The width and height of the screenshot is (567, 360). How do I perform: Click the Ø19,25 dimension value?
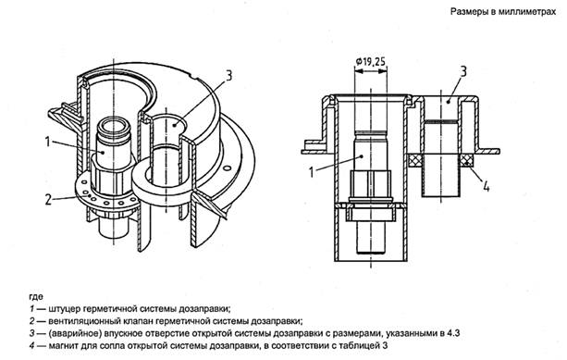370,62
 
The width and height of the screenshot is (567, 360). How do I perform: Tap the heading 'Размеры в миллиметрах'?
503,12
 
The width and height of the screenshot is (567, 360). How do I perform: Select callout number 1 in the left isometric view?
47,141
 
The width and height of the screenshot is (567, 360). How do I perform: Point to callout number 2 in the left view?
48,199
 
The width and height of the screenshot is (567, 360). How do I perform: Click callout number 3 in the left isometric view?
228,76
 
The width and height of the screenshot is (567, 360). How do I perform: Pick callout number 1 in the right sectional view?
312,172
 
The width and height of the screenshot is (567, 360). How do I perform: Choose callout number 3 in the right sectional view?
463,71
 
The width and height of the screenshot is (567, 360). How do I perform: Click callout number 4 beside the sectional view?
487,186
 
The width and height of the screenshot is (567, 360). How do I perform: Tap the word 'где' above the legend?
36,297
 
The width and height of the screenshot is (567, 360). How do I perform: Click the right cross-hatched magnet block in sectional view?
467,160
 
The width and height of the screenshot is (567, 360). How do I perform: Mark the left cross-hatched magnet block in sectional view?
415,160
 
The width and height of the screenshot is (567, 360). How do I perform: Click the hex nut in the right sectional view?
371,184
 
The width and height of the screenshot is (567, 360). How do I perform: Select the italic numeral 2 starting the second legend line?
32,321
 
